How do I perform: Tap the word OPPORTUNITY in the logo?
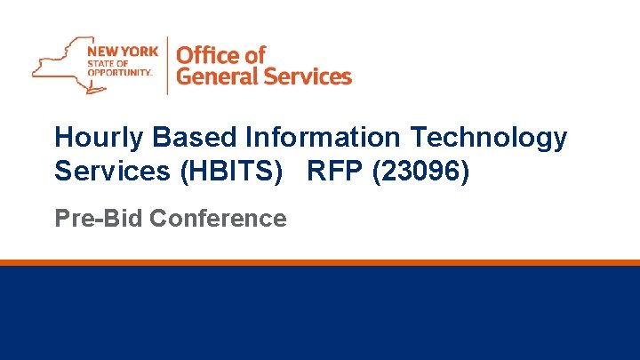pyautogui.click(x=121, y=74)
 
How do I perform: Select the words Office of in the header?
pyautogui.click(x=221, y=54)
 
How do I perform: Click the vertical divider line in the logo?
pyautogui.click(x=167, y=65)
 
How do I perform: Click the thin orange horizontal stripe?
pyautogui.click(x=320, y=262)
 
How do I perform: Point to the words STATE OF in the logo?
pyautogui.click(x=107, y=63)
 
